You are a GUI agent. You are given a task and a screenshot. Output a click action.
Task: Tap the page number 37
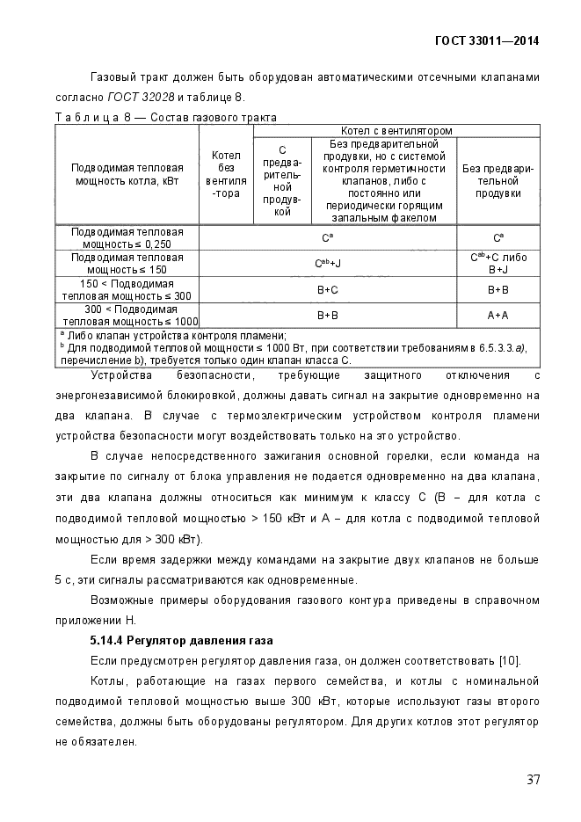533,779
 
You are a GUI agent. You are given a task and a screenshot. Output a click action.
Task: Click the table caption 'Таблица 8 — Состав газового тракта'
166,117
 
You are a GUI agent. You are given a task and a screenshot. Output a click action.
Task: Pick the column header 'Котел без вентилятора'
226,174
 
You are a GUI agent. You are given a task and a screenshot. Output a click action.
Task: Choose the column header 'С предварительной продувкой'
282,180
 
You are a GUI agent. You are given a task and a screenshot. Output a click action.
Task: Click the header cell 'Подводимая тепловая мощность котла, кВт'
127,174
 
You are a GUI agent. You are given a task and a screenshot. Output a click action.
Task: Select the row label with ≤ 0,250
127,237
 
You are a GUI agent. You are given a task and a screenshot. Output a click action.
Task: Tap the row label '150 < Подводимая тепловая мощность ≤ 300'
127,289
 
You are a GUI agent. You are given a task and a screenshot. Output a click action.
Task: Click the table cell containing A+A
497,315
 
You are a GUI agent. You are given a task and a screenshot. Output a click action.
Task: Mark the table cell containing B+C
327,289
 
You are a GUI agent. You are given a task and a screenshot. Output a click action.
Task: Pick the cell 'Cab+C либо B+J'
497,263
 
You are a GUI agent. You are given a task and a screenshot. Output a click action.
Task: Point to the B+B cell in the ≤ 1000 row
327,315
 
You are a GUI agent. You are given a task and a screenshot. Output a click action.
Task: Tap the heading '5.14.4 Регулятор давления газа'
181,639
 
